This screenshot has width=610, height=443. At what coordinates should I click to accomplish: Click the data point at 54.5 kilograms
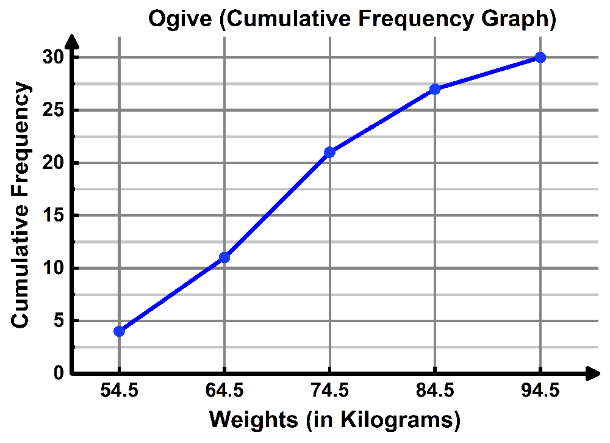(119, 331)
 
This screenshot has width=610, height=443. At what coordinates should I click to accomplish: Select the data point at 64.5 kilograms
(224, 258)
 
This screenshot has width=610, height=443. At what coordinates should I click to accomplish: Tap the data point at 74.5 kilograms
(330, 152)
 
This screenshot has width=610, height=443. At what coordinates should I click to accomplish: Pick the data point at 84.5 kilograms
(435, 89)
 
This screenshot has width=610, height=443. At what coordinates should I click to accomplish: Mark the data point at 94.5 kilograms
(540, 57)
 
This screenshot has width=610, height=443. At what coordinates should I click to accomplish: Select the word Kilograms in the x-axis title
(399, 420)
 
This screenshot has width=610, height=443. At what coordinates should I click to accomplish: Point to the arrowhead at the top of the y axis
(72, 41)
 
